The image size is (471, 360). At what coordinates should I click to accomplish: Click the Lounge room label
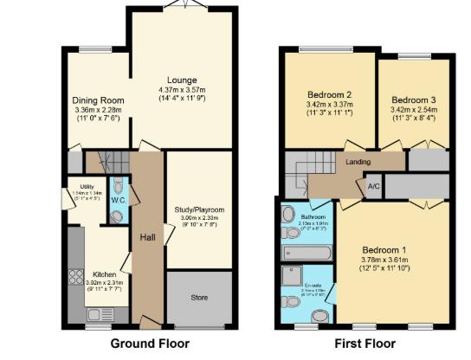(x=182, y=80)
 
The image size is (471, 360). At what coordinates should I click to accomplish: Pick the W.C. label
(x=118, y=201)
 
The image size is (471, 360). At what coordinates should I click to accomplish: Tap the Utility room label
(x=87, y=186)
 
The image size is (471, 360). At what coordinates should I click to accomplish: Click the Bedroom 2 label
(x=329, y=94)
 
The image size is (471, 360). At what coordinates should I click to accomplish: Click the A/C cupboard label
(x=373, y=186)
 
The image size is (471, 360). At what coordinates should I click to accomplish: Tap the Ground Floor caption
(x=151, y=344)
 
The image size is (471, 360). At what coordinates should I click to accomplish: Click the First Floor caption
(x=365, y=344)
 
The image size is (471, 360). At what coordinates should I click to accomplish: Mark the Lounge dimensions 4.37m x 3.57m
(x=182, y=91)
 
